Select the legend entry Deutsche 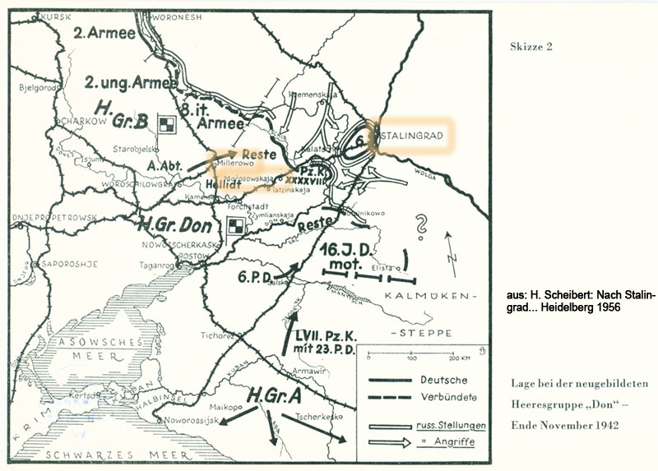(x=443, y=380)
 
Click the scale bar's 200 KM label (x=461, y=358)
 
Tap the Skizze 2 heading (x=531, y=46)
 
